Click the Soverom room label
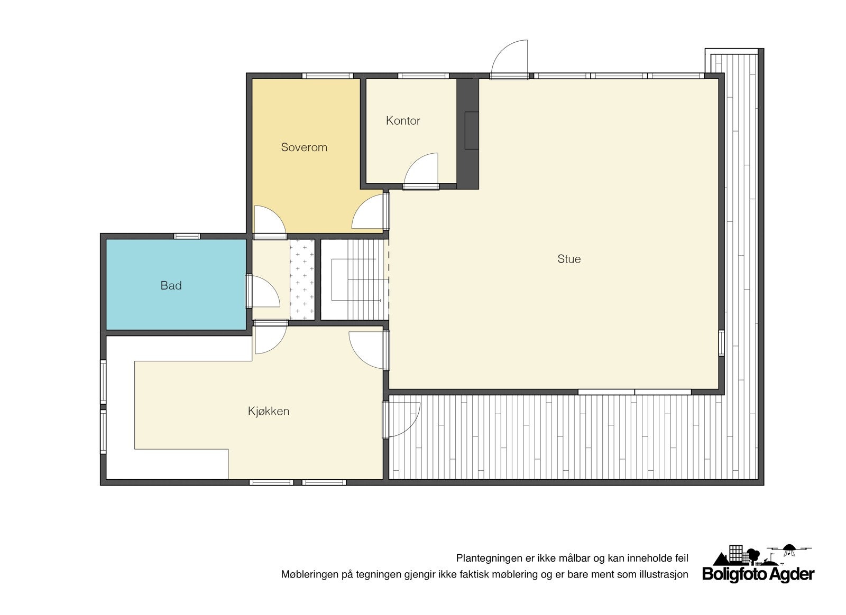tap(304, 147)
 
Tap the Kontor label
tap(403, 121)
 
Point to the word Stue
tap(569, 259)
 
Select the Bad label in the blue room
tap(171, 286)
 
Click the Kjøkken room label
tap(269, 411)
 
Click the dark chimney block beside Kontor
tap(468, 134)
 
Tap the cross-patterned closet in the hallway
tap(302, 279)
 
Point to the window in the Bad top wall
tap(187, 236)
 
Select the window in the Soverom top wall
tap(328, 76)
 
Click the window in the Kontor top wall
tap(424, 76)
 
